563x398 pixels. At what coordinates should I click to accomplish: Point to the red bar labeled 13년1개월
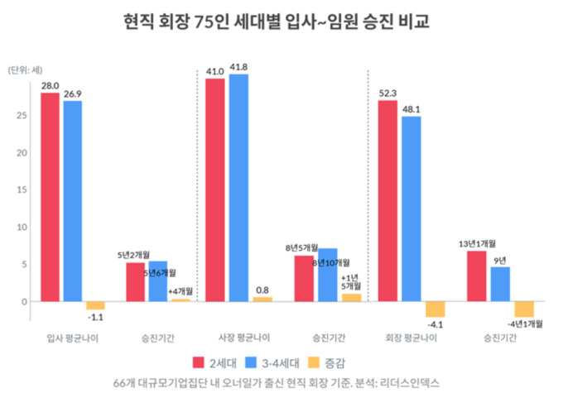476,276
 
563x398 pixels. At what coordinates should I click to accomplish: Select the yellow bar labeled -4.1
435,309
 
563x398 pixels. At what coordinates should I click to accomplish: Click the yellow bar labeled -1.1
95,305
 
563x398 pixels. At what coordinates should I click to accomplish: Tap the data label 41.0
215,70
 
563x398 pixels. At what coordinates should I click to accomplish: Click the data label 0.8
262,290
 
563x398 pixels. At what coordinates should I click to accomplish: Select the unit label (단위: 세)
27,70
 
